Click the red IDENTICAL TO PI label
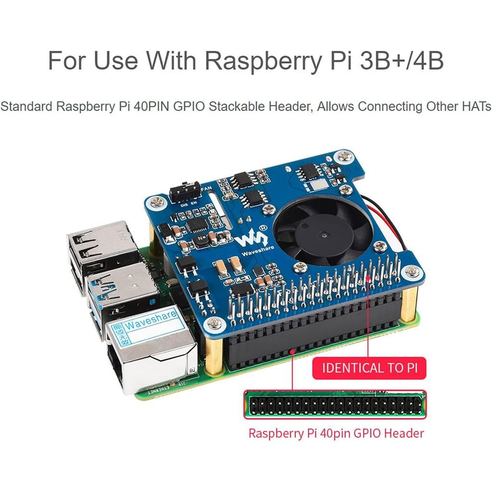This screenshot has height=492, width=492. pos(369,369)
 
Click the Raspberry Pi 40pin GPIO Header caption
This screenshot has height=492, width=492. pos(336,433)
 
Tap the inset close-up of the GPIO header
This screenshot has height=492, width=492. pos(335,406)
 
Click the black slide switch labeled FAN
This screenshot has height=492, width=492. pos(184,192)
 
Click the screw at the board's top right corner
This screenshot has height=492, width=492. pos(344,156)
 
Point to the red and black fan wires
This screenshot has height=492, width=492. pos(384,211)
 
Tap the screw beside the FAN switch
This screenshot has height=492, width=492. pos(156,202)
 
